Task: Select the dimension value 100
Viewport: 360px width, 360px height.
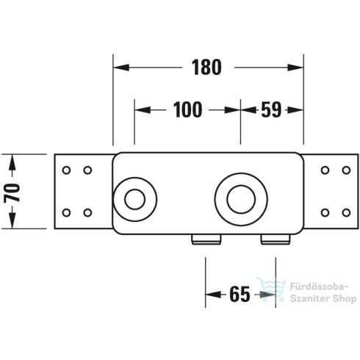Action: (x=187, y=111)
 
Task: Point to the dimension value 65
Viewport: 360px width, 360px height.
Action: (x=240, y=295)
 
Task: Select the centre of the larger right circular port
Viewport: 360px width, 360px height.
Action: (x=240, y=198)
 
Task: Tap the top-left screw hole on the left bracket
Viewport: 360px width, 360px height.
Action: (x=67, y=170)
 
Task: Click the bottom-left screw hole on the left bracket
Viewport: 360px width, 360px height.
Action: (x=67, y=213)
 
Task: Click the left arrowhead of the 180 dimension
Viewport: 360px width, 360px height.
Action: (x=120, y=68)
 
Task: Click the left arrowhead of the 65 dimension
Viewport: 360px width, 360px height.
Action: (x=212, y=295)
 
